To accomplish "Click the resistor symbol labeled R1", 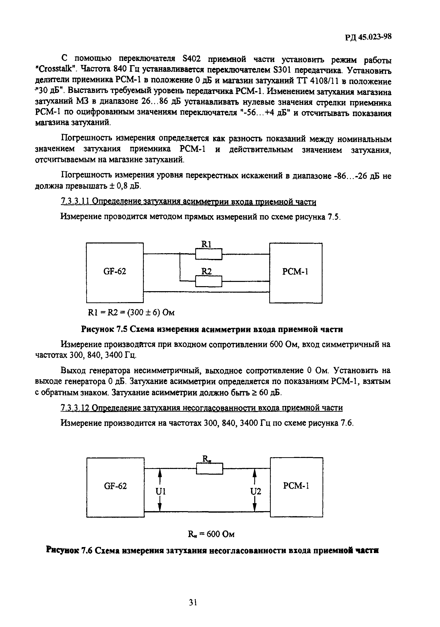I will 209,254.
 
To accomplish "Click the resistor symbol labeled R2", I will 209,281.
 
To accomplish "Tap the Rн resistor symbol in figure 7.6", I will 209,468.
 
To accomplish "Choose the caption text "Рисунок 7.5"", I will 104,329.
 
